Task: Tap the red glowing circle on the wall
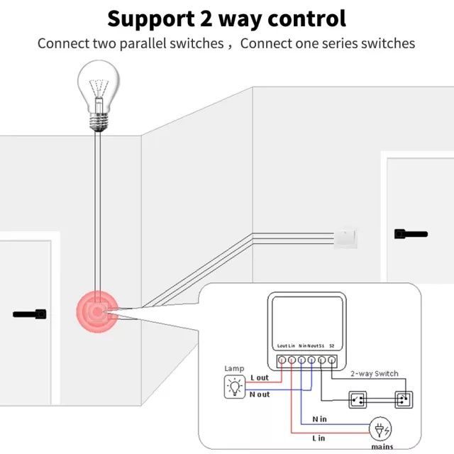tap(97, 310)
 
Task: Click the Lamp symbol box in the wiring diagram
tap(233, 387)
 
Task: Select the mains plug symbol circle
tap(380, 428)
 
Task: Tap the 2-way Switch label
tap(374, 373)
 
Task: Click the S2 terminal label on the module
tap(332, 345)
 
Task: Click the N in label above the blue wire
tap(320, 419)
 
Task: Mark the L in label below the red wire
tap(320, 438)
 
